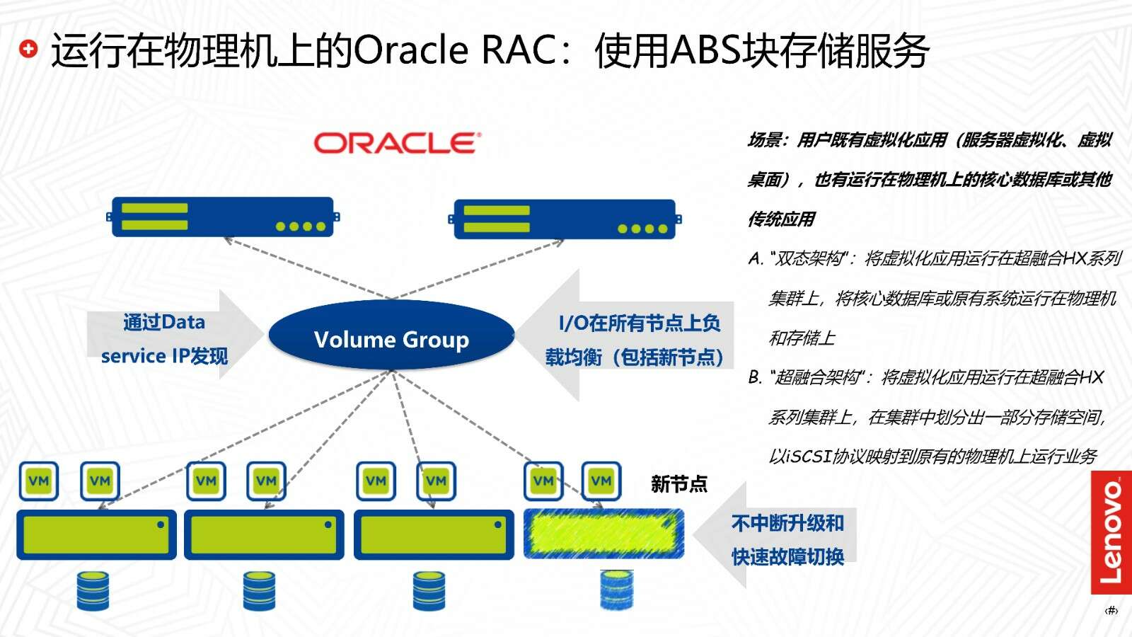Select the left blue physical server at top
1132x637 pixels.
[x=223, y=217]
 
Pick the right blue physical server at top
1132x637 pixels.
[x=565, y=219]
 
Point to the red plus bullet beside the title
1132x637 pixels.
[x=28, y=49]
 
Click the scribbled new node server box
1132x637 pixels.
[x=604, y=534]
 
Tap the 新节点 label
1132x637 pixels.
[x=678, y=484]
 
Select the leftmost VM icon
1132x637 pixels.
[x=39, y=481]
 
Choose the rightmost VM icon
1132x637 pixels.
[x=601, y=481]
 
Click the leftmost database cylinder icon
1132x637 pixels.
[x=93, y=591]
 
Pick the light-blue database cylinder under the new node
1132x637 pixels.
[x=616, y=590]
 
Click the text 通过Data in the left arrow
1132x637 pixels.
[x=164, y=322]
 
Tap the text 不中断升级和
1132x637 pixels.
[x=788, y=523]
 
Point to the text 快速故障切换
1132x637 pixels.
[x=788, y=556]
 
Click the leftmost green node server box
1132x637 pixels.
[x=96, y=535]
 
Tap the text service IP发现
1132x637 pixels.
[x=164, y=357]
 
